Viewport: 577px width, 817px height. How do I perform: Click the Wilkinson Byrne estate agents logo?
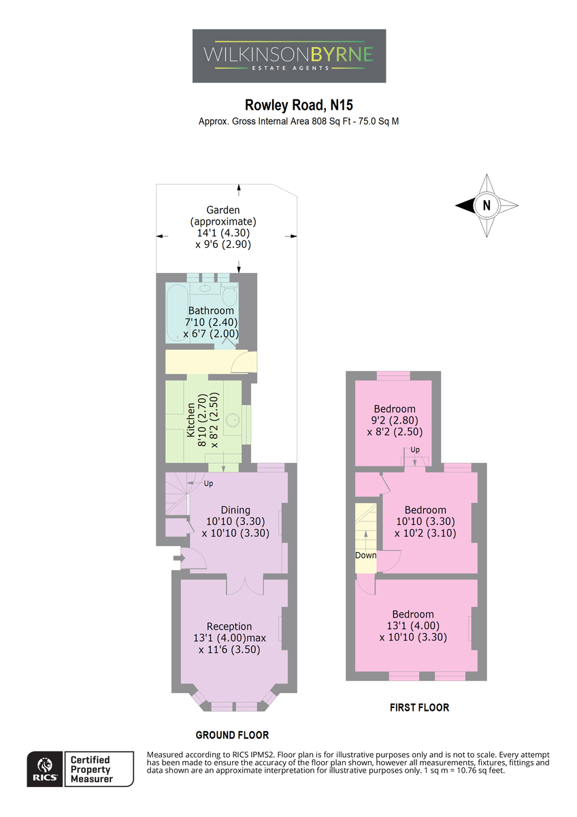[288, 56]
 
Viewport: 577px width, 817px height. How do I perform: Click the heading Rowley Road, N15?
[299, 105]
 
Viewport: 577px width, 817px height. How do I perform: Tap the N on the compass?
[487, 205]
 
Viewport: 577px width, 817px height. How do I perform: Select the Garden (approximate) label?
[223, 216]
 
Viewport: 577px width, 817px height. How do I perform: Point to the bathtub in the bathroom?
[177, 313]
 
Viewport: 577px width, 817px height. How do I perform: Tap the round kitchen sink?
[233, 420]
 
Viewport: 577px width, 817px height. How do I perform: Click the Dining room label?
[235, 510]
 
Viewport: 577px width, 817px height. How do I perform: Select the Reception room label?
[229, 626]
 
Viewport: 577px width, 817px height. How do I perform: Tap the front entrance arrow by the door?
[178, 558]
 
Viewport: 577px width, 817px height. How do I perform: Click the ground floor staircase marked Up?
[178, 494]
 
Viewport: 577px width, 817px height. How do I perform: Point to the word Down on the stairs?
[365, 555]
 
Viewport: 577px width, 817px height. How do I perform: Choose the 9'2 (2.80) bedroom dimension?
[395, 420]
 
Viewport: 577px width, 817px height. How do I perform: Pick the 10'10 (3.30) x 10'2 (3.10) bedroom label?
[425, 522]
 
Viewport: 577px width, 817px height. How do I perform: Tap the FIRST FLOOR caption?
[419, 707]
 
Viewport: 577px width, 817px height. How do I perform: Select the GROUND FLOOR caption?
[232, 735]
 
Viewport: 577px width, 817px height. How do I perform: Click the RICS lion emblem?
[45, 765]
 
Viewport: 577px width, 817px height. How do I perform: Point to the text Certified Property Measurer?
[91, 769]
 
